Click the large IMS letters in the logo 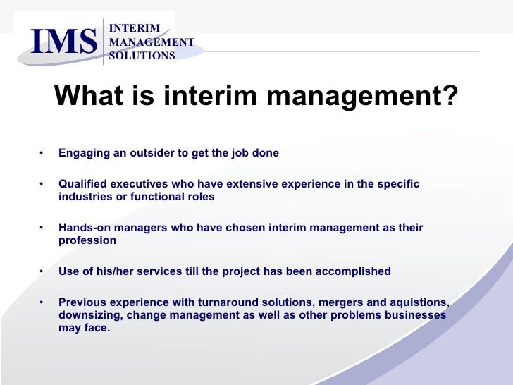[63, 42]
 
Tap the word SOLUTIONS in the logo [142, 56]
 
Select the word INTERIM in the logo [134, 28]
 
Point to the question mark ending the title [449, 95]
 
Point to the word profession [87, 240]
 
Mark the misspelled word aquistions [416, 302]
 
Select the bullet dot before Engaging [42, 153]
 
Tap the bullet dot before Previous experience [42, 302]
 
